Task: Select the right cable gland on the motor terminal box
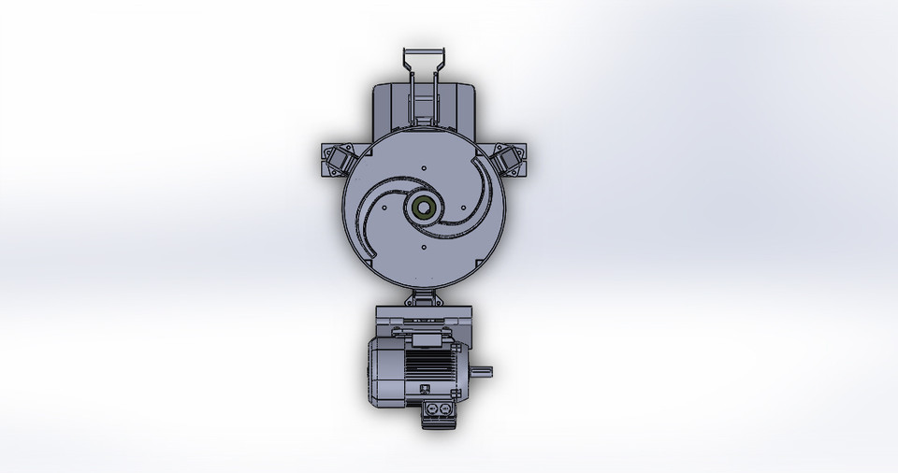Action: coord(445,409)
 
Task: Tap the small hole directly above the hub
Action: coord(424,168)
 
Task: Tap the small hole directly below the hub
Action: coord(424,248)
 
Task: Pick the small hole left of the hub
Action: coord(384,208)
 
